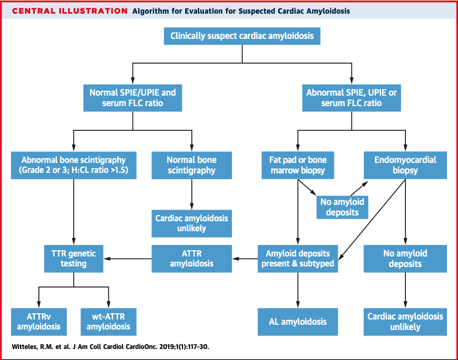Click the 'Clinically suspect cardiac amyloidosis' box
[x=242, y=36]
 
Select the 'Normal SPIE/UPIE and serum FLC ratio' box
[x=133, y=98]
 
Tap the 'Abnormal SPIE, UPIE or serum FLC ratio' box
[x=351, y=98]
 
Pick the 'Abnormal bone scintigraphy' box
[x=74, y=165]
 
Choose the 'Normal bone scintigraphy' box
[x=191, y=165]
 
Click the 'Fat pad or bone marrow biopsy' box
[x=298, y=165]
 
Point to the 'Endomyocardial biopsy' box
[x=405, y=165]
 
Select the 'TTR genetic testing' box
[x=74, y=258]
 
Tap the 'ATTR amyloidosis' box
[x=191, y=258]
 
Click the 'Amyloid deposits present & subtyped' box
[x=298, y=258]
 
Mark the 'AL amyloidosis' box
[x=298, y=322]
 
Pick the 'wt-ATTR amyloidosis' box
[x=108, y=322]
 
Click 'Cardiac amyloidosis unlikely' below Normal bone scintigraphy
[x=191, y=222]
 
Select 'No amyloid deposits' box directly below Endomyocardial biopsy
[x=405, y=258]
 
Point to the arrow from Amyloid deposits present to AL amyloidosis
[x=298, y=289]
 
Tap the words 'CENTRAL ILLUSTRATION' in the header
[x=69, y=11]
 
